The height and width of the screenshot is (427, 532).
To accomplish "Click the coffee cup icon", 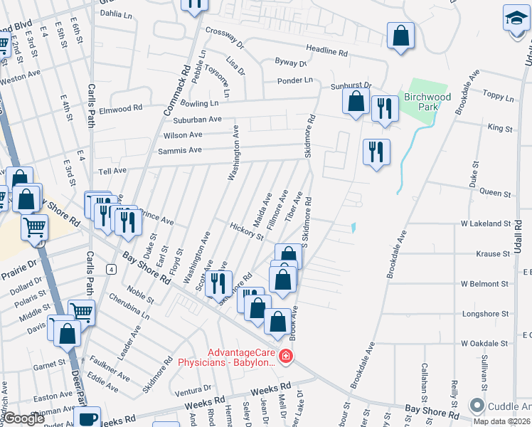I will coord(88,418).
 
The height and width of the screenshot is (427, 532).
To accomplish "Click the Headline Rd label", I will coord(327,52).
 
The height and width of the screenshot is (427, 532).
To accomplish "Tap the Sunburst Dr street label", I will coord(351,85).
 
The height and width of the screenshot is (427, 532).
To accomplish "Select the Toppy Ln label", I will coord(498,95).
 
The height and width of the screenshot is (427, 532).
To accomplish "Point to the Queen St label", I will coord(495,193).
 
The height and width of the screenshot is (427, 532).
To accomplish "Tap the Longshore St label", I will coord(486,312).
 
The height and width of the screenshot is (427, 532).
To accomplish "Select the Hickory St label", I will coord(247,230).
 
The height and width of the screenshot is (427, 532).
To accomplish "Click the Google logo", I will coord(24,418).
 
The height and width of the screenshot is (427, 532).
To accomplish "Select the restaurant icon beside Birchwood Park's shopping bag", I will coord(385,108).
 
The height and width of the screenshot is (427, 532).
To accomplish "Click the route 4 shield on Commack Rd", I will coord(112,268).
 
